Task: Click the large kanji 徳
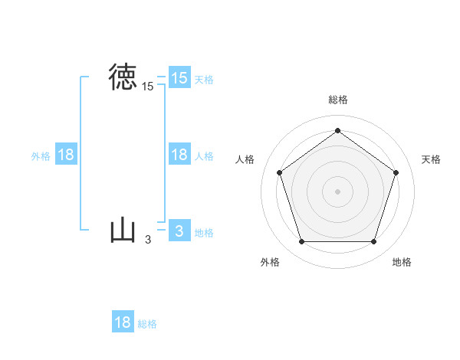tap(123, 77)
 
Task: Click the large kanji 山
tap(123, 231)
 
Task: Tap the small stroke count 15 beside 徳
tap(147, 87)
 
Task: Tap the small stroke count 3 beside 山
tap(148, 240)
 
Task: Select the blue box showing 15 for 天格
tap(179, 78)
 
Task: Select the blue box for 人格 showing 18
tap(179, 155)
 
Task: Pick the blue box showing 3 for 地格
tap(179, 231)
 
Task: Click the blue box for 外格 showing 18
tap(66, 155)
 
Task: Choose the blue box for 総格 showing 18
tap(123, 322)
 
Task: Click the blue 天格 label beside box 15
tap(204, 79)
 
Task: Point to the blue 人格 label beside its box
tap(204, 156)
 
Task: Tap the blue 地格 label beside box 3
tap(204, 233)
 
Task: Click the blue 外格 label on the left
tap(41, 156)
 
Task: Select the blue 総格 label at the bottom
tap(147, 324)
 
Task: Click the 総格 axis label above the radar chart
tap(337, 100)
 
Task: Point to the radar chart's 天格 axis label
tap(431, 159)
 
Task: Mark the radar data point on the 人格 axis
tap(279, 172)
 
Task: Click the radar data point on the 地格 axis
tap(373, 242)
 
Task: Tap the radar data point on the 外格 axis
tap(301, 242)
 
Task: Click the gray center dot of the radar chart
tap(337, 191)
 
